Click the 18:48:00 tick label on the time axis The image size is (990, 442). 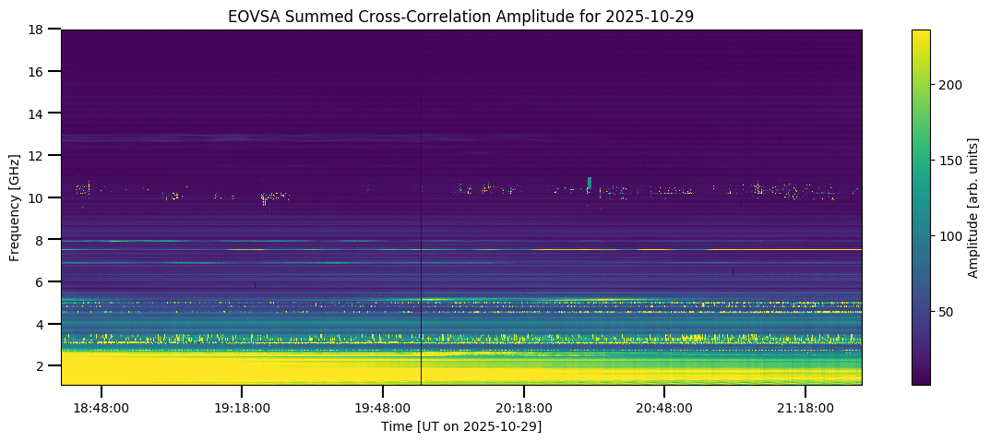[x=101, y=407]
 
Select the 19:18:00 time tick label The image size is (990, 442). [x=242, y=407]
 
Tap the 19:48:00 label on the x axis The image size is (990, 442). [x=383, y=407]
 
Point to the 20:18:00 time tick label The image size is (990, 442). [x=523, y=407]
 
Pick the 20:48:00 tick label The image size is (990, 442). [x=664, y=407]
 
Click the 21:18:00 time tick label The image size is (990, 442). [x=805, y=407]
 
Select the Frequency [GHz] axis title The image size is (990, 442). [x=15, y=208]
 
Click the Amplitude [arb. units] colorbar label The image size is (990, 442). [x=972, y=208]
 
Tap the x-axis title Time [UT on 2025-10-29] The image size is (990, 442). [x=461, y=426]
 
